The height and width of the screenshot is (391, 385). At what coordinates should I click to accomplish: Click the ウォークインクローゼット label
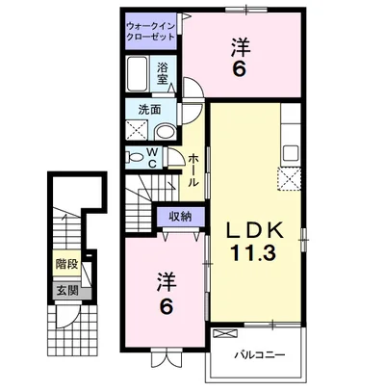[150, 31]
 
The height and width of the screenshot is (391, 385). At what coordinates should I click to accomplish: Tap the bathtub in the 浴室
[137, 74]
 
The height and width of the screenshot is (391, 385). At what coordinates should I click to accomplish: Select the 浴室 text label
[163, 73]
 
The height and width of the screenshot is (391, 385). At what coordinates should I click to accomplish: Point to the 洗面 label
[149, 110]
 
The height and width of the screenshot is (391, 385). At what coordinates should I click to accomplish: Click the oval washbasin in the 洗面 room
[165, 132]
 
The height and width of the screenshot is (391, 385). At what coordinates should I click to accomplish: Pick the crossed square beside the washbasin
[137, 130]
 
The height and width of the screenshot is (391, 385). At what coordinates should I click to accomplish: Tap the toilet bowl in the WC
[136, 157]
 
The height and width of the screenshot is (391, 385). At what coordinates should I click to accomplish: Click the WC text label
[152, 158]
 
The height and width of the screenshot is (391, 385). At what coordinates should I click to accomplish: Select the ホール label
[192, 170]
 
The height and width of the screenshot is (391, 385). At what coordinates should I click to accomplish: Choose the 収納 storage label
[180, 217]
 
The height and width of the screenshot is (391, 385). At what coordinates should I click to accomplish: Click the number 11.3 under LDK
[252, 253]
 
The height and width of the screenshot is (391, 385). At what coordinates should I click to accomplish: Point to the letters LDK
[255, 230]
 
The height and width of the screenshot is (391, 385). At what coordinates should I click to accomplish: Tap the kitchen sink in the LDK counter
[291, 153]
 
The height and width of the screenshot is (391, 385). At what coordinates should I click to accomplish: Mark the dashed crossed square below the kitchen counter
[290, 179]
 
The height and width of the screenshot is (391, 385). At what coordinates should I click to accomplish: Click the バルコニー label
[259, 355]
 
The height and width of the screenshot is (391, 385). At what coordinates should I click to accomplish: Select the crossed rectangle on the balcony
[225, 333]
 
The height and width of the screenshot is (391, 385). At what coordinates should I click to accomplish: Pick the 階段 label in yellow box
[66, 264]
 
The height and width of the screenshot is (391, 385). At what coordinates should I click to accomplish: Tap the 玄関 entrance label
[67, 291]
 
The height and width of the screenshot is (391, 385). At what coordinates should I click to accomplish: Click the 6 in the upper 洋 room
[240, 68]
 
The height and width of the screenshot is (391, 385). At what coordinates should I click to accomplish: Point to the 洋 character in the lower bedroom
[167, 281]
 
